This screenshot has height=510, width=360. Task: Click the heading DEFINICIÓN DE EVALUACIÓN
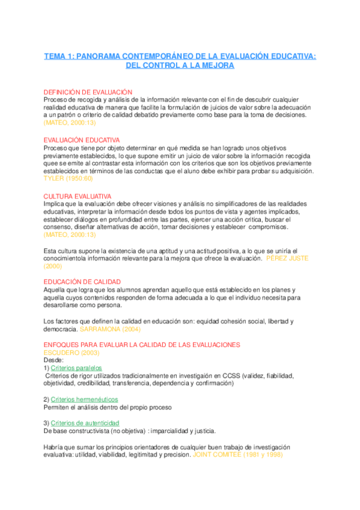tap(88, 91)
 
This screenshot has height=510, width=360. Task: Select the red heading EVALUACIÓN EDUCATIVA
tap(82, 140)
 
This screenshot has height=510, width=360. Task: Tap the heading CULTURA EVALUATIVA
tap(78, 196)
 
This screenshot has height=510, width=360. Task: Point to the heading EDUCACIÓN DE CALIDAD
tap(82, 281)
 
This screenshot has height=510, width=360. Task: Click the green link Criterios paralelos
tap(76, 367)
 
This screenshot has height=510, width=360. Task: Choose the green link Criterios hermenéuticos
tap(84, 399)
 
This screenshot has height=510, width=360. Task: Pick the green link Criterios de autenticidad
tap(85, 423)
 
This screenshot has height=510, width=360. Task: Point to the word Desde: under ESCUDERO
tap(53, 360)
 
